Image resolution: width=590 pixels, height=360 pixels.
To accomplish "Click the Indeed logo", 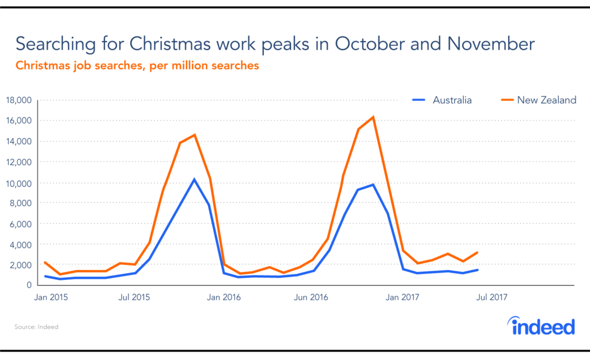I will [543, 326].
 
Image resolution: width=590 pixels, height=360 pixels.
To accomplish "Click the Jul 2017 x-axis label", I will [492, 297].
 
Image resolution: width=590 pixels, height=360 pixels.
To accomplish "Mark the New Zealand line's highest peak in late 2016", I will [373, 118].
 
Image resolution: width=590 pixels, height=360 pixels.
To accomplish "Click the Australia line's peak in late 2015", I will [194, 179].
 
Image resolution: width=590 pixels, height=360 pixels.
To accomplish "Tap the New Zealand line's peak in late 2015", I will [194, 135].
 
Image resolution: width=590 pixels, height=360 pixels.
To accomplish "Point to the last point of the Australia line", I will [478, 270].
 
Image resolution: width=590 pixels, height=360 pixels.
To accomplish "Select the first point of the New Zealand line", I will [45, 263].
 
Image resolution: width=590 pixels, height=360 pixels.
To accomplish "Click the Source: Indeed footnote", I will [36, 327].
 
